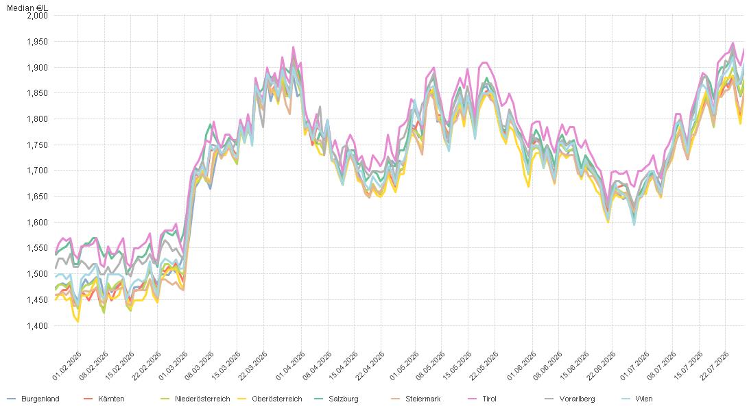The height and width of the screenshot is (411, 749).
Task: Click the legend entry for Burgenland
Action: tap(34, 399)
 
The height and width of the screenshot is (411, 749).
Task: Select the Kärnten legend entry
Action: tap(104, 399)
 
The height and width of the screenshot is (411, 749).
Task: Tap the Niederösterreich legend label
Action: tap(195, 399)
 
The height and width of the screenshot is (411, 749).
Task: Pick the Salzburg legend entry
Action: tap(336, 399)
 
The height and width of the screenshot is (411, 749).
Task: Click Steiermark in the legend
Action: tap(416, 399)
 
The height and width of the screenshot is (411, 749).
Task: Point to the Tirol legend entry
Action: tap(482, 399)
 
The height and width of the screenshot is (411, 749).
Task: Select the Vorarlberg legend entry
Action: tap(570, 399)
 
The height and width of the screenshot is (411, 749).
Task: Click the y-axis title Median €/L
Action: tap(27, 8)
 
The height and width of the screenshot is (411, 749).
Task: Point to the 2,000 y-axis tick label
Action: tap(37, 15)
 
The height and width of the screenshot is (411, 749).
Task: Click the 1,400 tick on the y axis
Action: tap(37, 325)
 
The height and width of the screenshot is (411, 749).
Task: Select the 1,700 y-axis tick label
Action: tap(37, 170)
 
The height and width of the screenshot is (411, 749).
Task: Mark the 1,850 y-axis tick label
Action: tap(37, 93)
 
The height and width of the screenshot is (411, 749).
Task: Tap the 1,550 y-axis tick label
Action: tap(37, 248)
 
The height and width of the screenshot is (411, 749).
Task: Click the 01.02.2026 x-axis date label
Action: tap(67, 366)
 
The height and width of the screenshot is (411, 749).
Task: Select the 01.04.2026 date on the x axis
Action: tap(290, 366)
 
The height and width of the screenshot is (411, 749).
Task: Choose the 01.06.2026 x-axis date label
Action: tap(521, 366)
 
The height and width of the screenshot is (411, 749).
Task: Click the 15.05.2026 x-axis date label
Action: tap(457, 366)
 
